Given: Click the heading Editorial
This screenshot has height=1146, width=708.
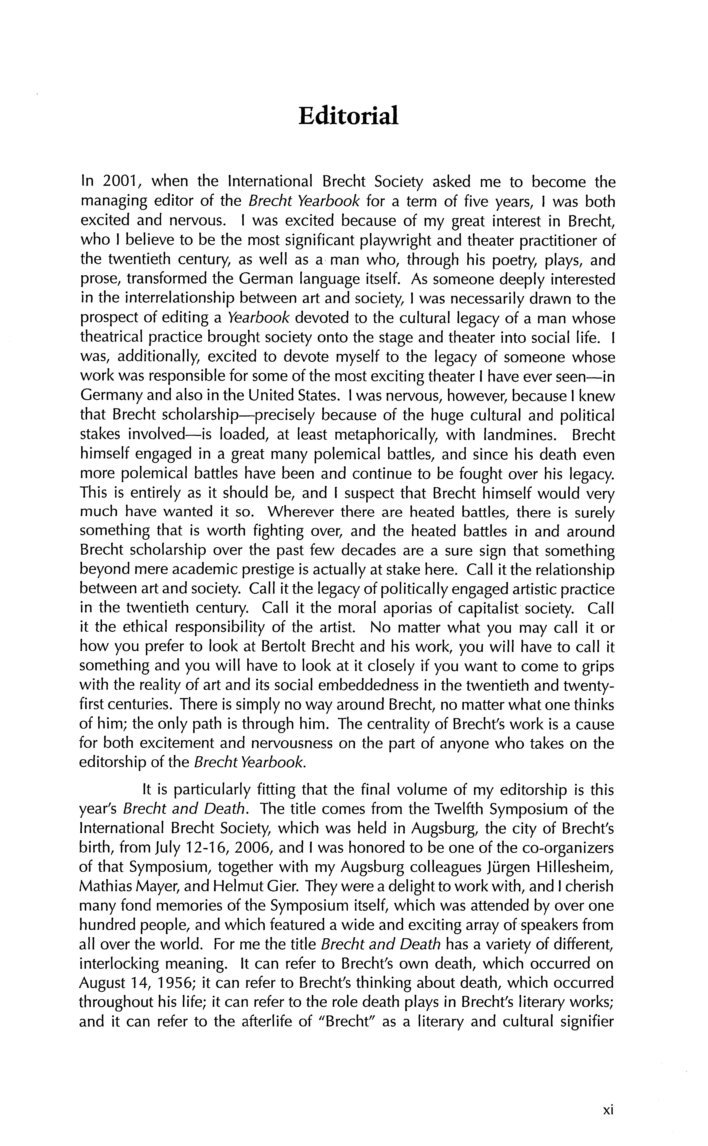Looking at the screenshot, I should point(348,116).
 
